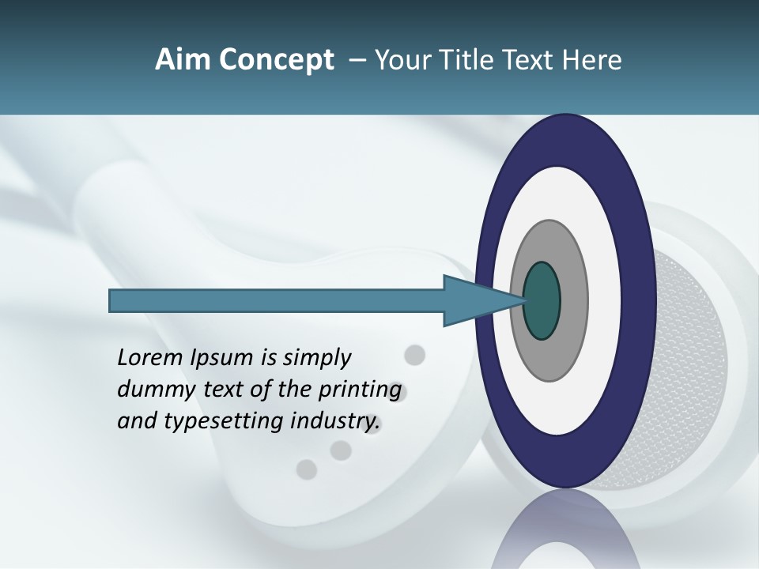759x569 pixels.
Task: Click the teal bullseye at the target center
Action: coord(542,300)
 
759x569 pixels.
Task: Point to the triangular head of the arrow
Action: coord(474,300)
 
